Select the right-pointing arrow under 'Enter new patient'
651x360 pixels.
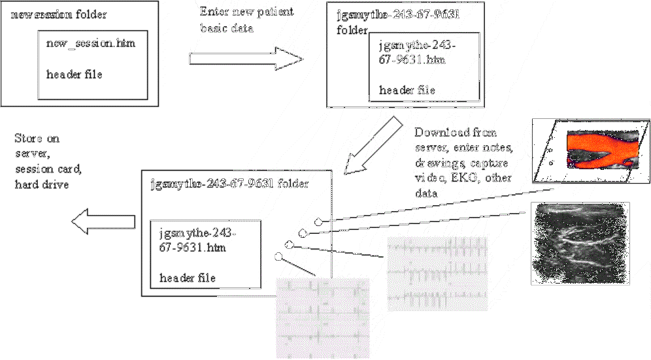tap(246, 59)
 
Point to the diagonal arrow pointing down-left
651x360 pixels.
tap(371, 145)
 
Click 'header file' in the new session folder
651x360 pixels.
tap(74, 74)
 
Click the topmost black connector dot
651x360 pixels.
tap(318, 221)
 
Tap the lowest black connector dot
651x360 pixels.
tap(278, 257)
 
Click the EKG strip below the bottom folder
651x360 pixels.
tap(322, 317)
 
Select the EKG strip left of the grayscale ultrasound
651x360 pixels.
tap(437, 274)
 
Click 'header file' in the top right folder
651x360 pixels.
tap(407, 90)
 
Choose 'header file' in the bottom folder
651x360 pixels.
tap(188, 278)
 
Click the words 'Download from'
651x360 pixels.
tap(446, 131)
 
